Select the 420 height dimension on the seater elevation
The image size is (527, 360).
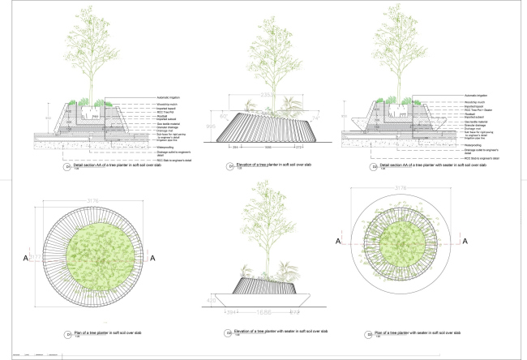[x=212, y=299]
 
